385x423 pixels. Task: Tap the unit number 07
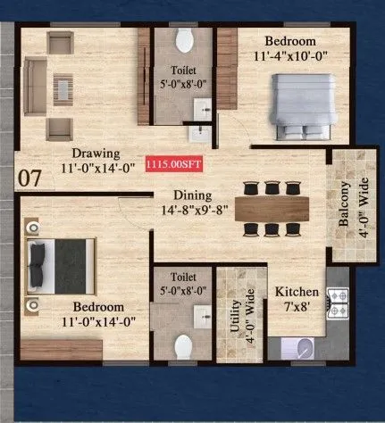coord(30,178)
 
